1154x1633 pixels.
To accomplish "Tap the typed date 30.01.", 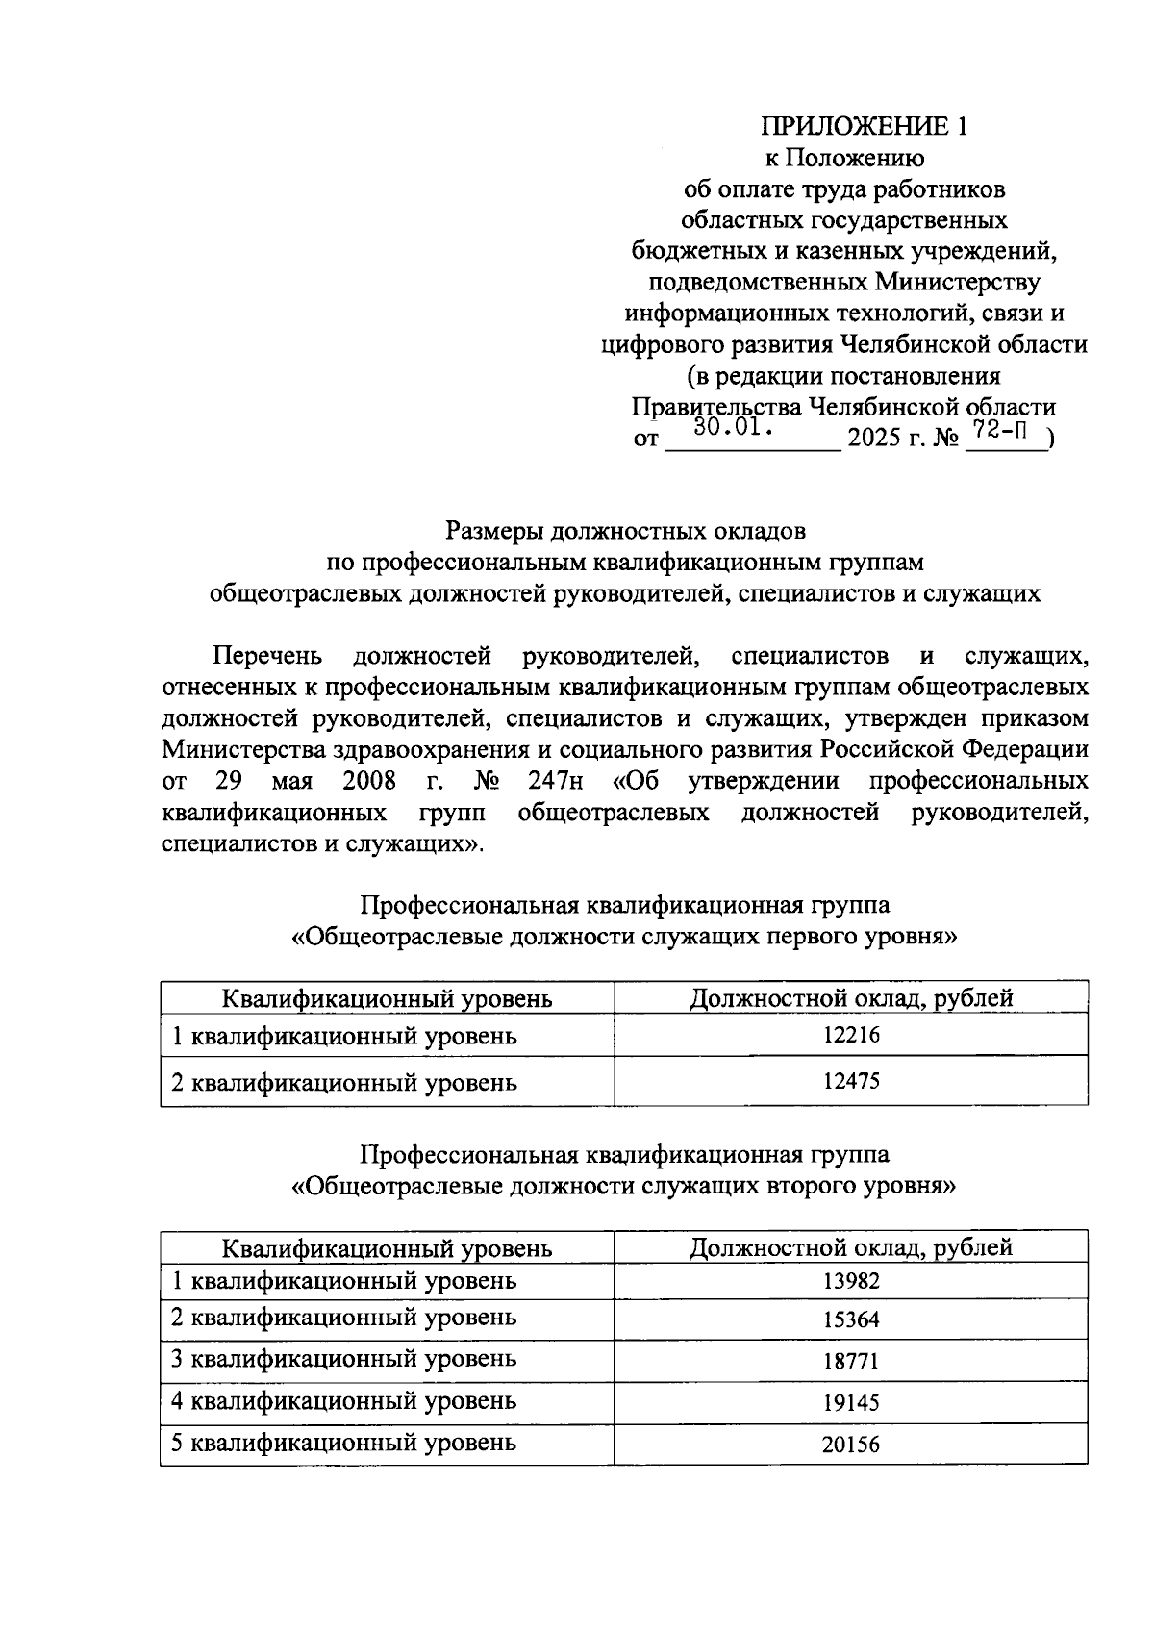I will point(735,427).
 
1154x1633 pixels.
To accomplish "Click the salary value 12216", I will point(851,1035).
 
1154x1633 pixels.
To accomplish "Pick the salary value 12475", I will point(851,1081).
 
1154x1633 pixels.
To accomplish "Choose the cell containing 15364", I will point(851,1319).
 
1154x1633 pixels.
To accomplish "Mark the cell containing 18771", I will point(851,1361).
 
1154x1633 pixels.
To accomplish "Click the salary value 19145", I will point(851,1402).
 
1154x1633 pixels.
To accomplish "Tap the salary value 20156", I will point(851,1444).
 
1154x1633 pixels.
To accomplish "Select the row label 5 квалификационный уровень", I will point(343,1443).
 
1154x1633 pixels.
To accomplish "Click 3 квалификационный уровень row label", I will point(343,1359).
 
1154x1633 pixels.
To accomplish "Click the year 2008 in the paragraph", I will point(369,779).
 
